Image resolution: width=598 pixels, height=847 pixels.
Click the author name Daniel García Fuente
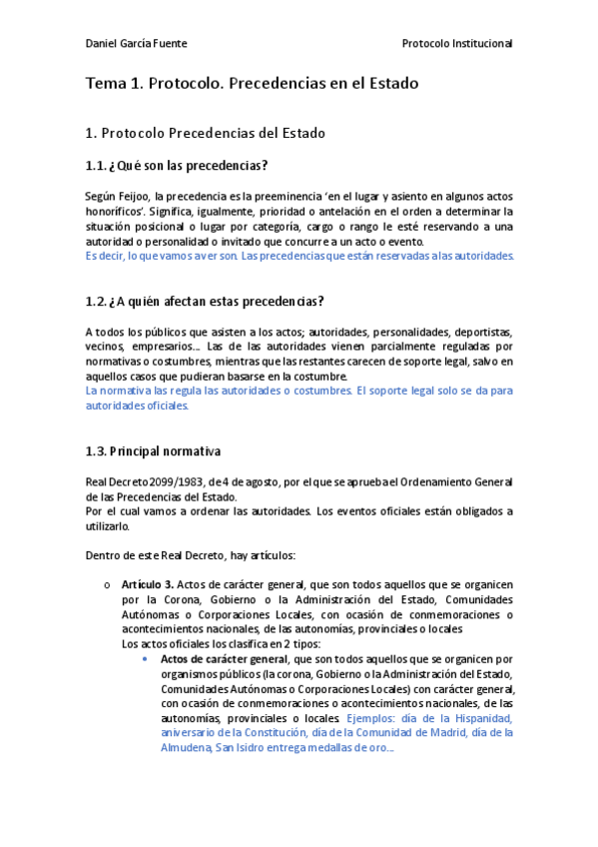(x=136, y=44)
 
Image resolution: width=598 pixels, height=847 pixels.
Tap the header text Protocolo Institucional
(x=456, y=44)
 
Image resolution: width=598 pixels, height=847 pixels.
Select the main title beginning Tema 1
(x=252, y=84)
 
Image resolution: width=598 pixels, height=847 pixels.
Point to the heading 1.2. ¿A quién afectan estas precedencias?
(x=205, y=302)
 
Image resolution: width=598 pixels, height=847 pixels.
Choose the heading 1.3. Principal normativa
(x=154, y=451)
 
